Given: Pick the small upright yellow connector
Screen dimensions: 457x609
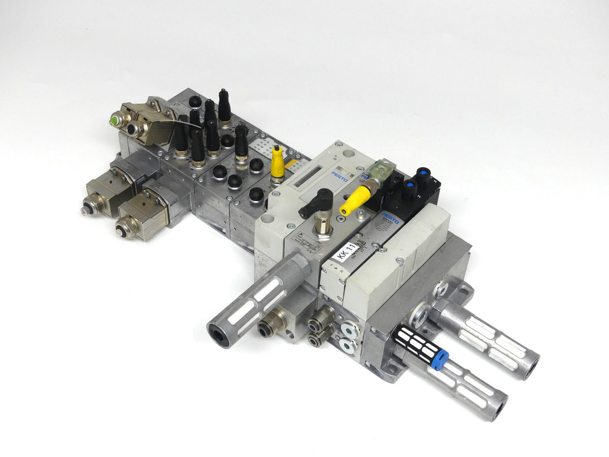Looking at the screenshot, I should tap(277, 163).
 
